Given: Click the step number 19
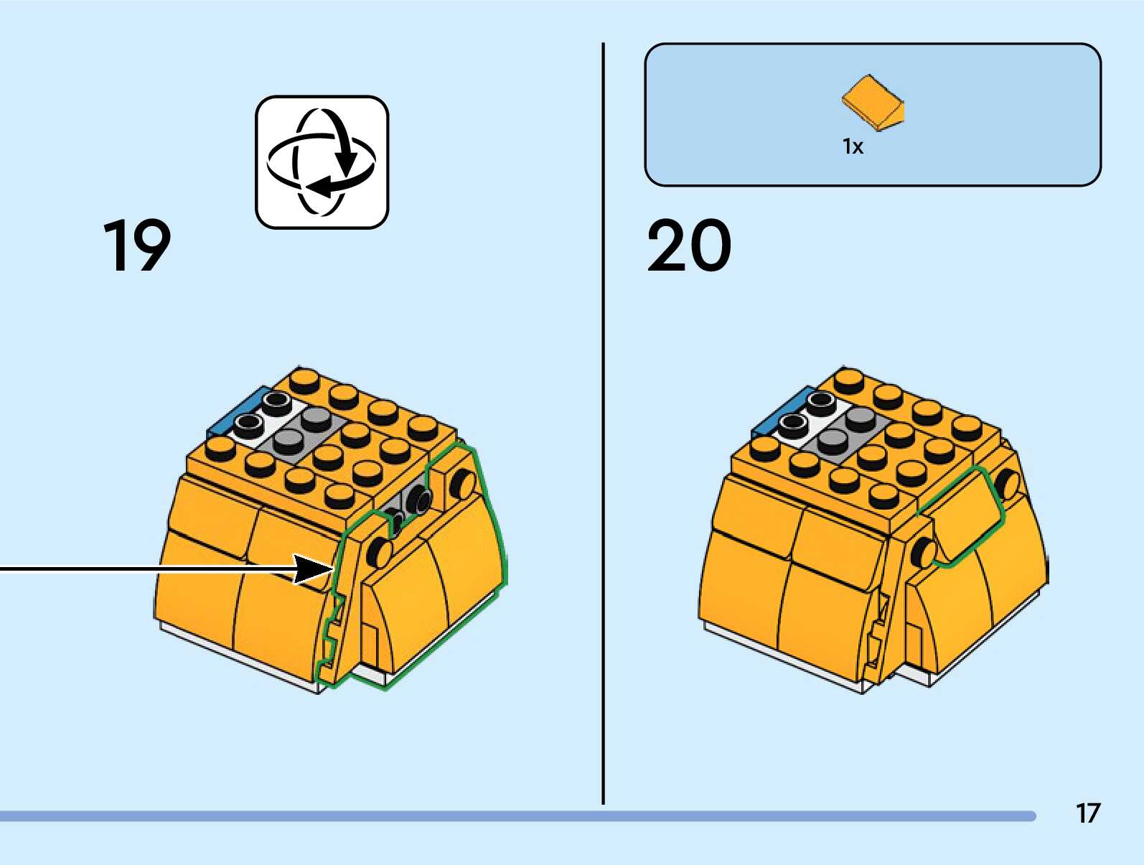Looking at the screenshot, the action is pyautogui.click(x=136, y=246).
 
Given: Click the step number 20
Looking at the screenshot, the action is pyautogui.click(x=689, y=246).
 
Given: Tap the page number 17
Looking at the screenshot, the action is pyautogui.click(x=1087, y=813).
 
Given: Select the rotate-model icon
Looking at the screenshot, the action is pyautogui.click(x=322, y=162).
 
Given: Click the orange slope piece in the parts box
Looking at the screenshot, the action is pyautogui.click(x=873, y=102).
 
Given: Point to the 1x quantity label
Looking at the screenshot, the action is pyautogui.click(x=853, y=147).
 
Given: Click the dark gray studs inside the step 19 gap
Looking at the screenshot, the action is pyautogui.click(x=409, y=506).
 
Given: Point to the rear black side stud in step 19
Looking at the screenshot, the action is pyautogui.click(x=463, y=483).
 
